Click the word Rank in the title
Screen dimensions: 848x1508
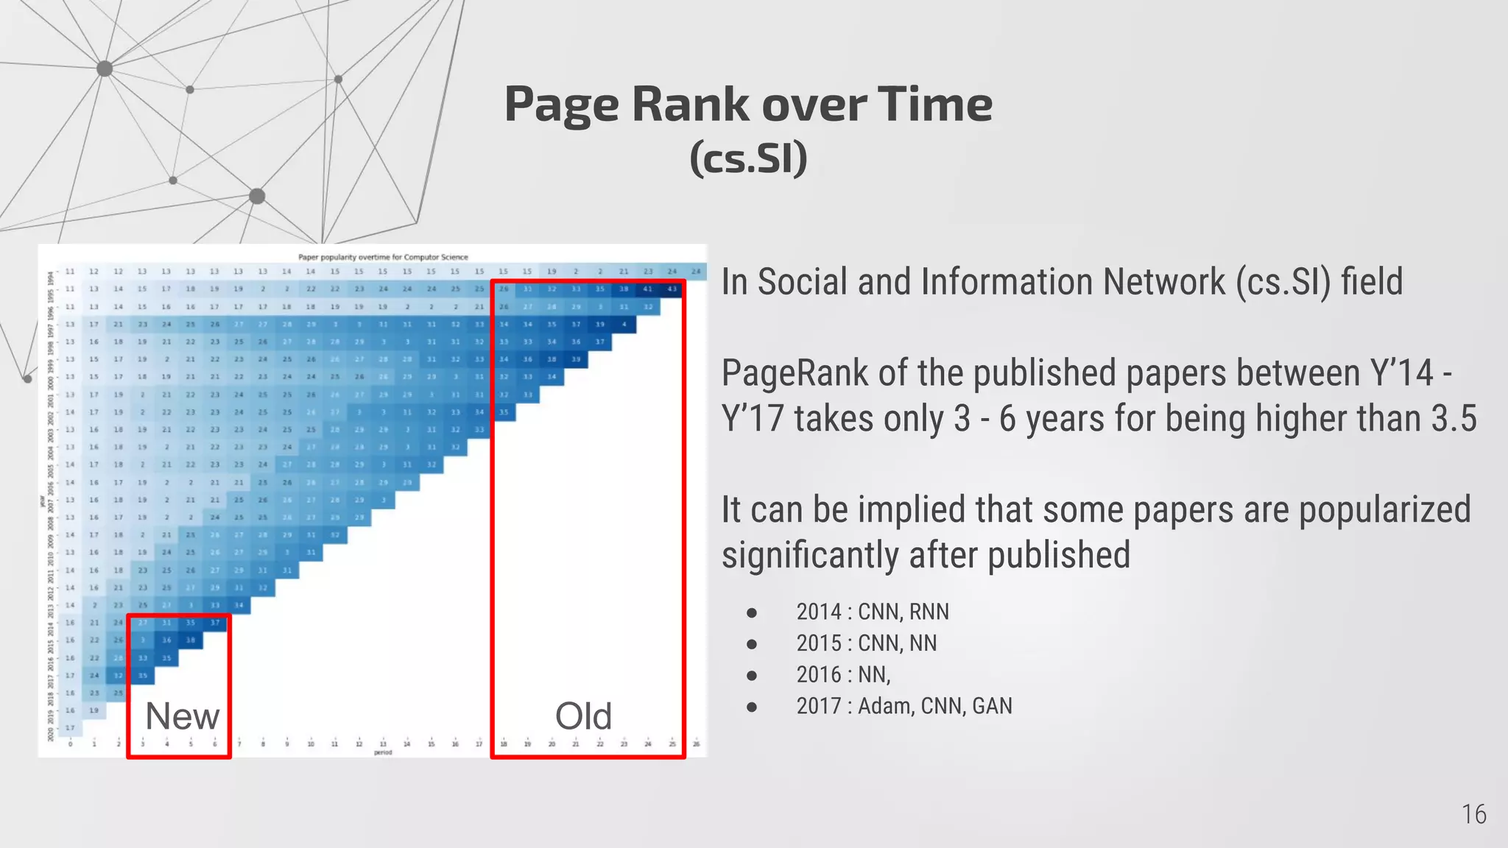point(691,104)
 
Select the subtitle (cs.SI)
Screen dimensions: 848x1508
point(748,158)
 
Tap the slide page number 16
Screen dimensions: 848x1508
point(1473,814)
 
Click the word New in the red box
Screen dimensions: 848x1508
point(182,716)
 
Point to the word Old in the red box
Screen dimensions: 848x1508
point(583,716)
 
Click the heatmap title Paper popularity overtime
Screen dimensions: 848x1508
point(383,257)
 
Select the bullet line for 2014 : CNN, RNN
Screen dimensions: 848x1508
point(872,612)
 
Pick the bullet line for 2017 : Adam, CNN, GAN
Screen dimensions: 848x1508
point(903,706)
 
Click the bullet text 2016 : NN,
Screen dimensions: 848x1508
point(843,674)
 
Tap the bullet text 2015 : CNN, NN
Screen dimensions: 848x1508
point(866,643)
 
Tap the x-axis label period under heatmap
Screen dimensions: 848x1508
point(383,752)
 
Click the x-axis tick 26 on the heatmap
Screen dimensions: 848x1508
point(696,744)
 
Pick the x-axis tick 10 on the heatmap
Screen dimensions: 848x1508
point(311,744)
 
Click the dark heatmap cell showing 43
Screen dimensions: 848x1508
point(672,289)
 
